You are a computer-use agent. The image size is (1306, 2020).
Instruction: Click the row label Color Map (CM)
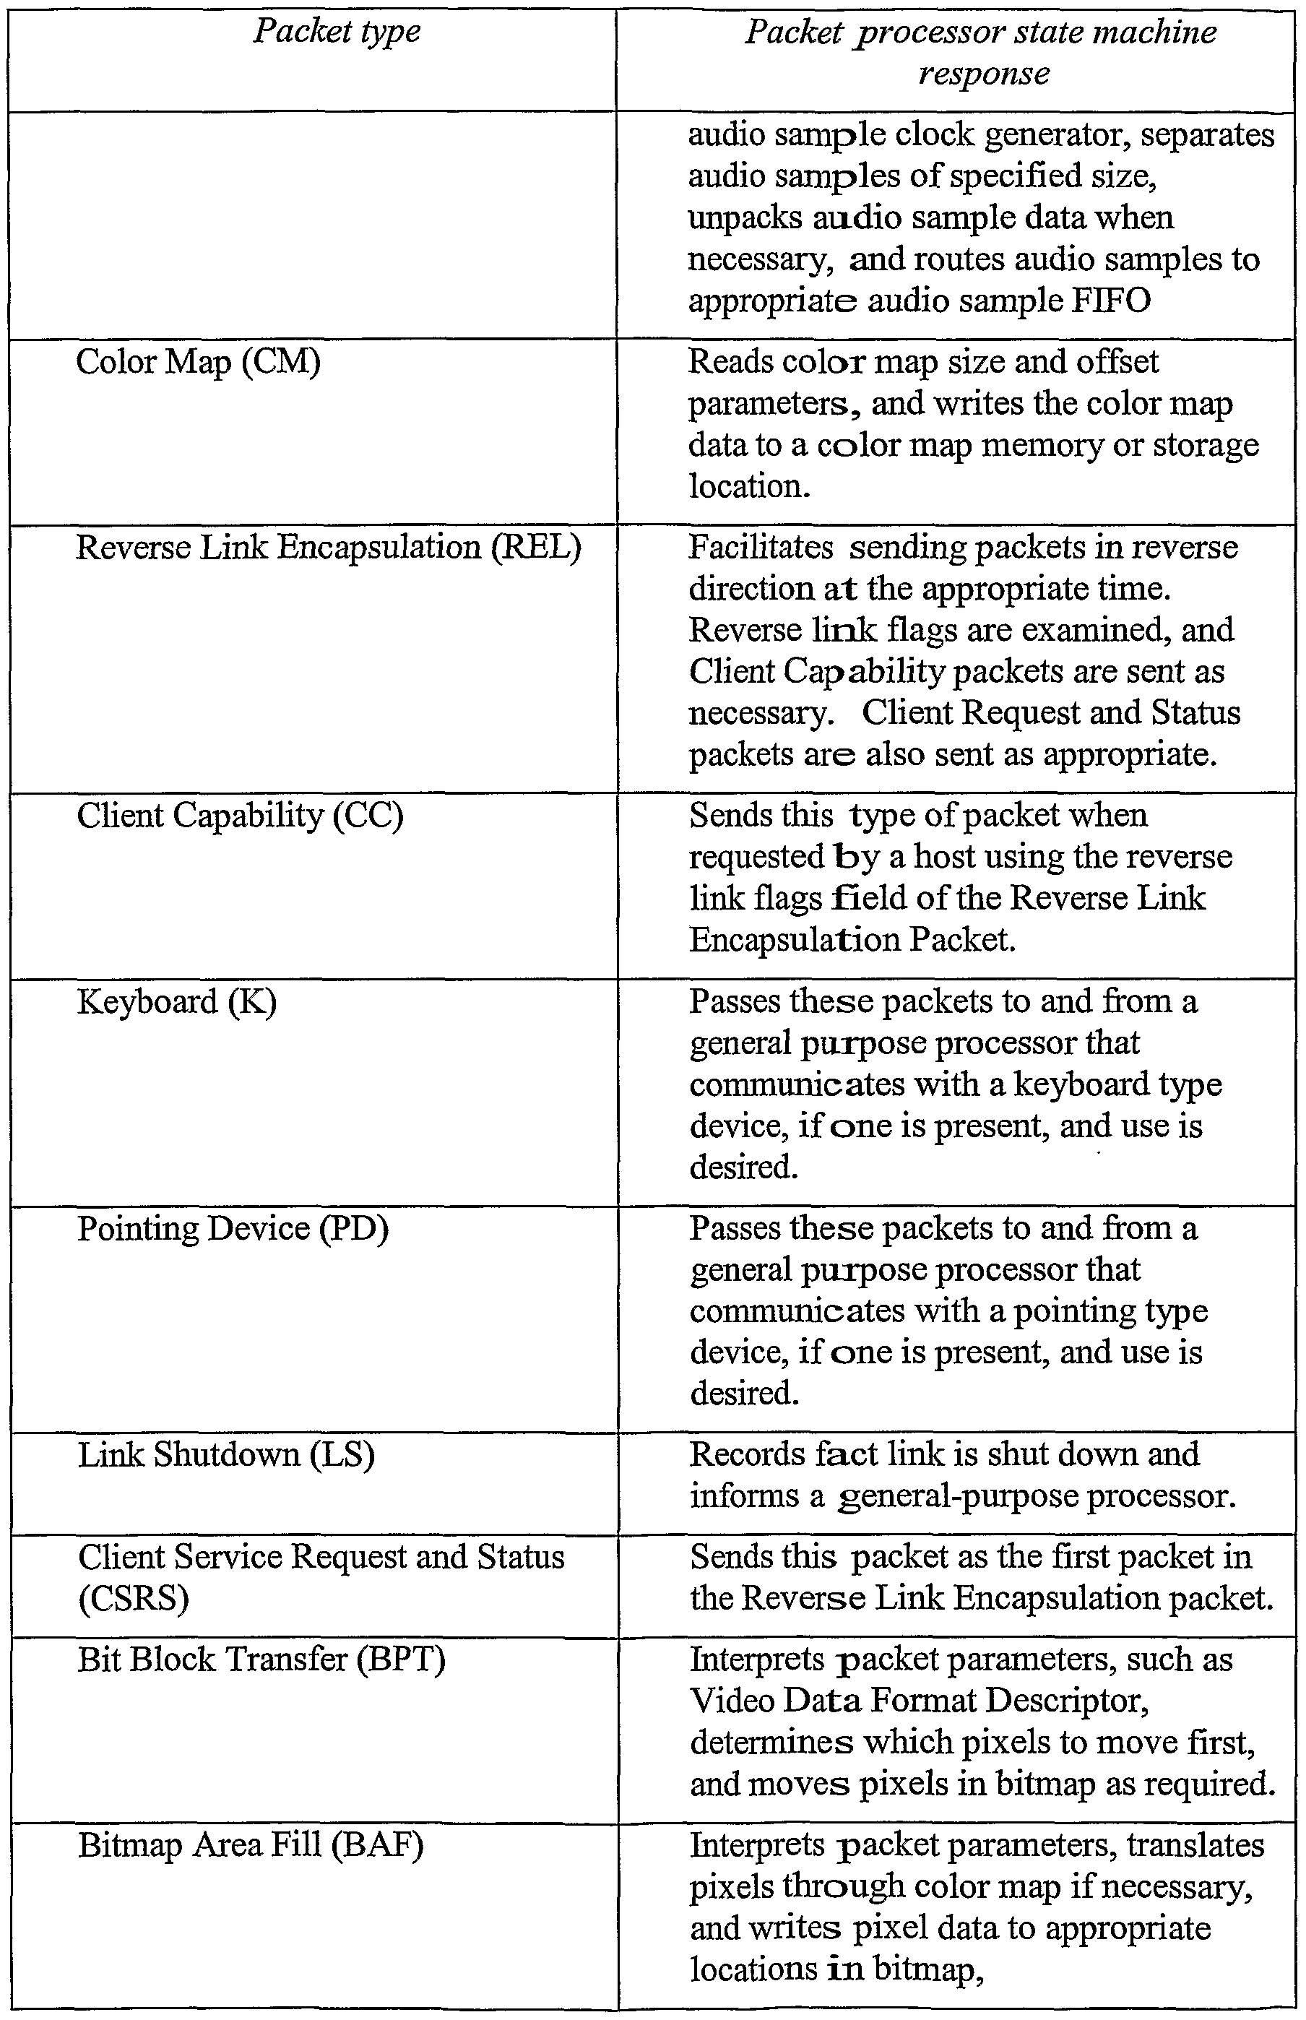click(199, 363)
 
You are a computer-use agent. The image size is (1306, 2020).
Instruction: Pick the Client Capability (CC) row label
click(240, 816)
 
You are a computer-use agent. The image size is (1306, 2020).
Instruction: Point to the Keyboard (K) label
click(176, 1002)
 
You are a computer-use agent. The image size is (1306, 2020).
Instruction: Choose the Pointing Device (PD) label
click(233, 1229)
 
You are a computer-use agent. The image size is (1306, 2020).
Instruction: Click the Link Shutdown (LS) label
click(226, 1455)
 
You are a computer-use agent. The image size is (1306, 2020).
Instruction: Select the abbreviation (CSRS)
click(133, 1599)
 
